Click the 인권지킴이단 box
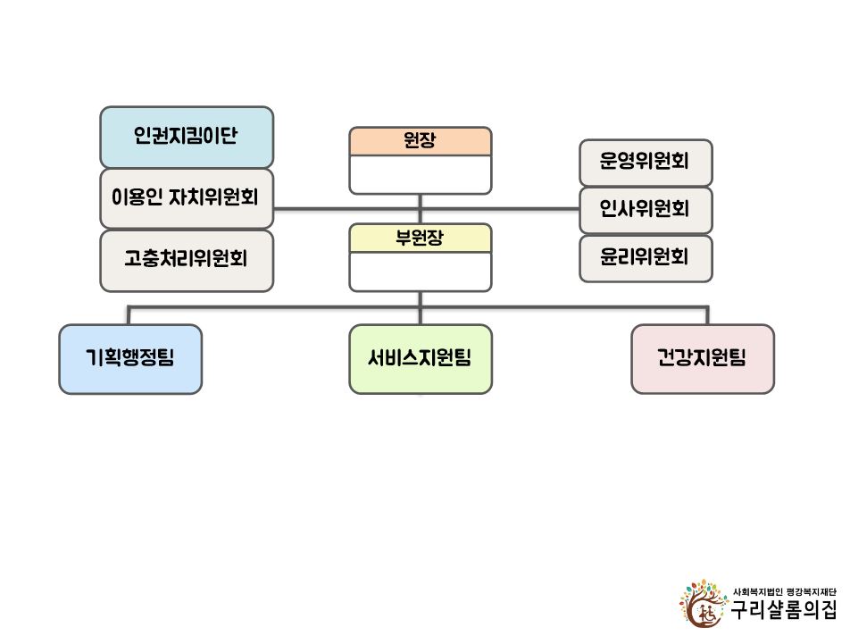click(x=187, y=138)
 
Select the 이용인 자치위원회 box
click(x=187, y=198)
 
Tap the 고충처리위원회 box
click(x=187, y=261)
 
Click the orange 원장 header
click(x=421, y=141)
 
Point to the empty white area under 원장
click(x=421, y=174)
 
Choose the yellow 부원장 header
click(x=421, y=238)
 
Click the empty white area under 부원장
click(x=421, y=272)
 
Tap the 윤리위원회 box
click(x=646, y=258)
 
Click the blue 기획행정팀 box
click(x=130, y=359)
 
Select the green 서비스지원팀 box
click(x=421, y=359)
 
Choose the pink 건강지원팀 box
click(x=703, y=359)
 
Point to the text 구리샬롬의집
click(x=783, y=610)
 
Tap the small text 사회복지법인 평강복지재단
click(x=785, y=591)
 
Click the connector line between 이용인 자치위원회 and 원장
click(x=346, y=209)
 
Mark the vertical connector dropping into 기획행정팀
click(x=129, y=315)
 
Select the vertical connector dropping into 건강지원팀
click(x=707, y=315)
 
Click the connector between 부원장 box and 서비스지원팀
click(x=421, y=308)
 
